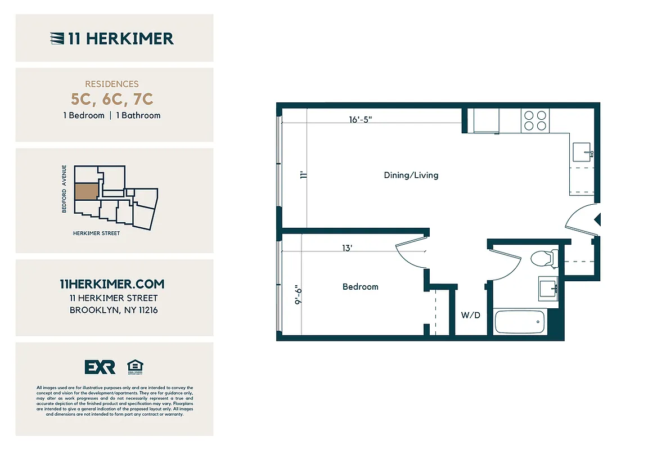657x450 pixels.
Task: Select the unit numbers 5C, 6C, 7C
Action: [112, 100]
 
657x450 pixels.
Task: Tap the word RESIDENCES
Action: [112, 84]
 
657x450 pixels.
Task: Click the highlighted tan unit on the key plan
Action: [85, 192]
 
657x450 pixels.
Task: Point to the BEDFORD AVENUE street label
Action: [65, 189]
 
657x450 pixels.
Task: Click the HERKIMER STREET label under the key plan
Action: [96, 233]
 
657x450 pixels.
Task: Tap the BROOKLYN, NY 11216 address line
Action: [114, 310]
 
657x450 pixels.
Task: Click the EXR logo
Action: [100, 367]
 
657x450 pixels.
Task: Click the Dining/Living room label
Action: [411, 175]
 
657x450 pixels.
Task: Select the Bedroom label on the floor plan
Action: [360, 287]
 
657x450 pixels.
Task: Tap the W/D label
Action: [471, 316]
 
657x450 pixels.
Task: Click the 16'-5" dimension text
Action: [361, 119]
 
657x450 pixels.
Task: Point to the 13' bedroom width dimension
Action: [347, 248]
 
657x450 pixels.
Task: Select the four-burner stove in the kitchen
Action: [535, 120]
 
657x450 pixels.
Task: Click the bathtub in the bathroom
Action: [519, 323]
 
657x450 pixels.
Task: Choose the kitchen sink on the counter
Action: [582, 152]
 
